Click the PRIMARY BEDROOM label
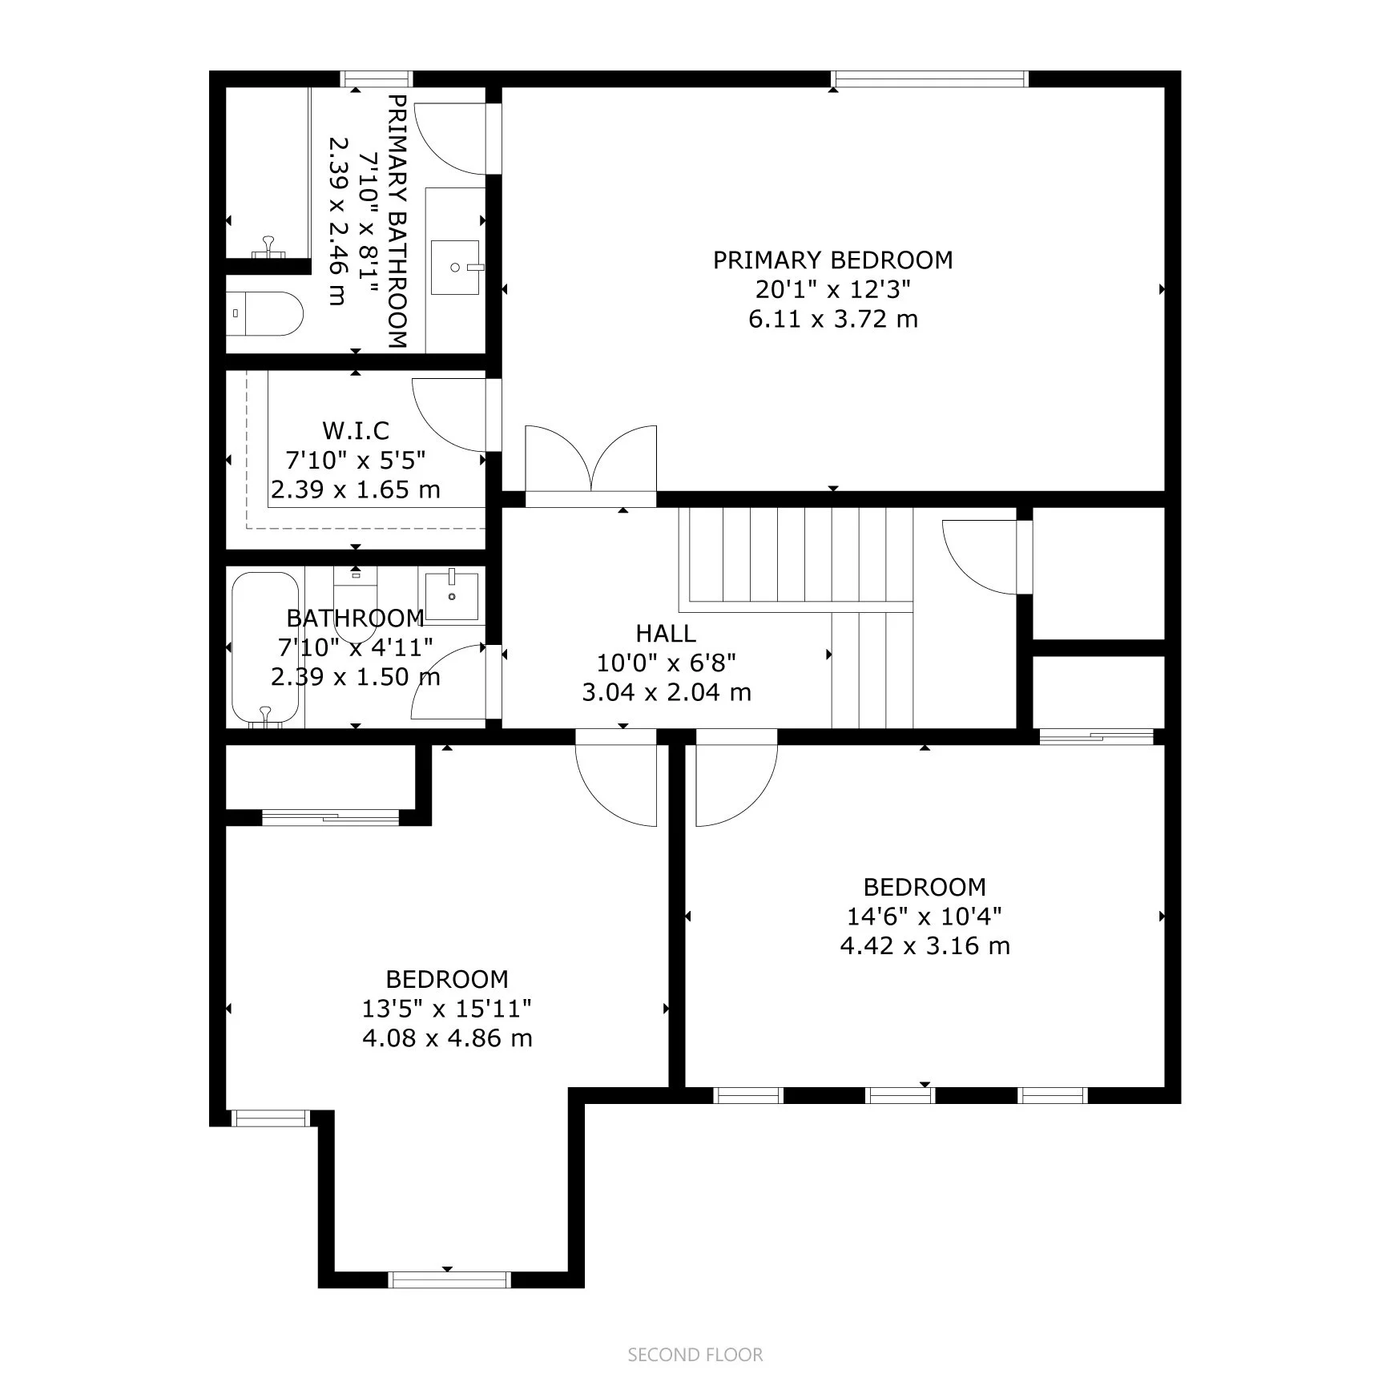(x=833, y=260)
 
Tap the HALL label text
(x=666, y=634)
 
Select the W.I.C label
(x=356, y=431)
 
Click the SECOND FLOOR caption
(x=695, y=1355)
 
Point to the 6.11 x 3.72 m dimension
(x=833, y=319)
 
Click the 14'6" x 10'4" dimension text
(x=925, y=916)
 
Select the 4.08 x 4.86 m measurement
(x=447, y=1038)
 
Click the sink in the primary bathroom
(x=455, y=268)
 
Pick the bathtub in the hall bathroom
(x=265, y=648)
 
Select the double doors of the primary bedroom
(x=591, y=460)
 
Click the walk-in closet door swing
(x=449, y=415)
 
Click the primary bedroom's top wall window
(x=929, y=79)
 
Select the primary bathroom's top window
(x=377, y=79)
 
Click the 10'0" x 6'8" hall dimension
(x=666, y=663)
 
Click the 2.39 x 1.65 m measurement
(x=356, y=490)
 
